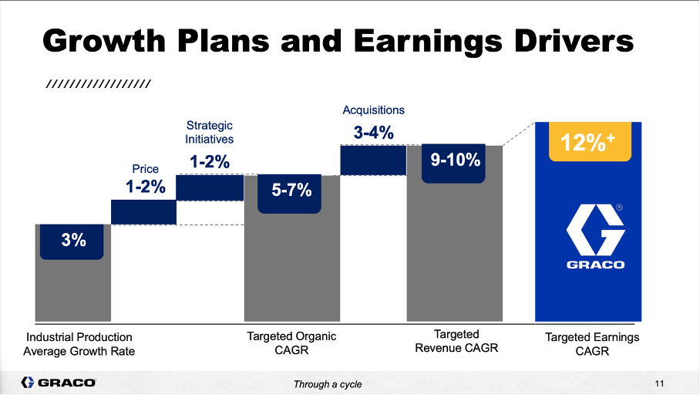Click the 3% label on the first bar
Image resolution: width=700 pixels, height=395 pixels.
(73, 240)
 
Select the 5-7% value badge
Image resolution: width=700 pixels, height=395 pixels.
(291, 190)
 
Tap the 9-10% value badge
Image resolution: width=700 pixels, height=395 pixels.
(455, 160)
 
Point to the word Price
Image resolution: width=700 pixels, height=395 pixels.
(146, 169)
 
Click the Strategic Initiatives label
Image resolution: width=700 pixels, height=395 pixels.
(209, 132)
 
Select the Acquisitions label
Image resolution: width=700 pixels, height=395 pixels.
(373, 110)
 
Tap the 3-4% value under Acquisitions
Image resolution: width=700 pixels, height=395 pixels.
(373, 133)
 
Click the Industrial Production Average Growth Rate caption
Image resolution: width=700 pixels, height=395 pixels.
(79, 344)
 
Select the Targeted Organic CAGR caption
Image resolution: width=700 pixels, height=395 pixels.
(291, 343)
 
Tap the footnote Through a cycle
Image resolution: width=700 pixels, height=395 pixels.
(327, 384)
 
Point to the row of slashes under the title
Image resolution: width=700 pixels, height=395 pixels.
(98, 83)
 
